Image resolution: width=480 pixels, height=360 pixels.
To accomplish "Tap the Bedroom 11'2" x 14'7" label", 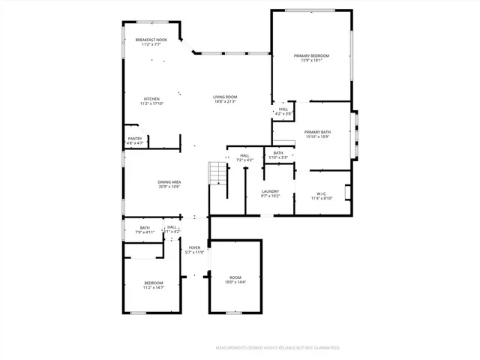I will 153,284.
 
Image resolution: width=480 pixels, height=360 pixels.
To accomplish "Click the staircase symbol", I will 217,174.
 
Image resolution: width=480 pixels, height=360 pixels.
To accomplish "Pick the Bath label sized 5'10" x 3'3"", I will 278,155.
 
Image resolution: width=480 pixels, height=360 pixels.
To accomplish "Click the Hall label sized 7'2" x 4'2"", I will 244,157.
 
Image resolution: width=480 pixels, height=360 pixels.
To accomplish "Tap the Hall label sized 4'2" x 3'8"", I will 283,111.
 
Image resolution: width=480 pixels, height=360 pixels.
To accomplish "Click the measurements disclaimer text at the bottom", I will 277,348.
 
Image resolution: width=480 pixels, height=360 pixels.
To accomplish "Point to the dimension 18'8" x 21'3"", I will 224,101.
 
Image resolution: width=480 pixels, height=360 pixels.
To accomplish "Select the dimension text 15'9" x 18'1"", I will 311,61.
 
